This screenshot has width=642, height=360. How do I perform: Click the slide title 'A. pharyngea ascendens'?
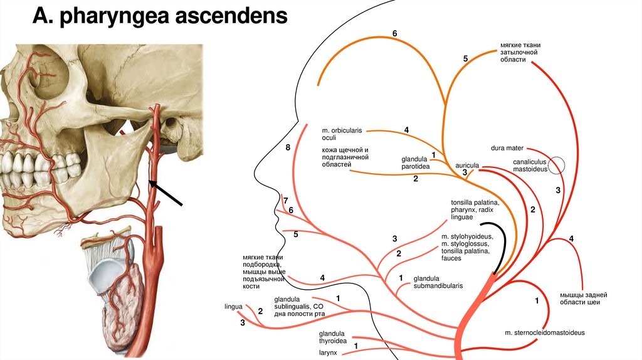[x=160, y=15]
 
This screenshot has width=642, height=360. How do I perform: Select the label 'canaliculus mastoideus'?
[x=530, y=165]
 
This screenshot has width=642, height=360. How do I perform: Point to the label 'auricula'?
[x=467, y=165]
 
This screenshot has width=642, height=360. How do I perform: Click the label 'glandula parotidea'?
[x=415, y=163]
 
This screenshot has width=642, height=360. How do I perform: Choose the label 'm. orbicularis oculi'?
[x=342, y=132]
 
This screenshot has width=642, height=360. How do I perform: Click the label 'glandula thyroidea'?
[x=333, y=337]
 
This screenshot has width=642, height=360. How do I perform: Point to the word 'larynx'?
[x=327, y=352]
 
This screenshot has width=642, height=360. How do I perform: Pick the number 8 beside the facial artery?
[x=288, y=148]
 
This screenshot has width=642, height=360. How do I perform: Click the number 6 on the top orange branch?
[x=394, y=33]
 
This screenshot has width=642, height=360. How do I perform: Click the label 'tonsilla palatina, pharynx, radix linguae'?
[x=475, y=209]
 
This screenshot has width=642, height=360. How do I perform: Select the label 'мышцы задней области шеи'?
[x=583, y=298]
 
